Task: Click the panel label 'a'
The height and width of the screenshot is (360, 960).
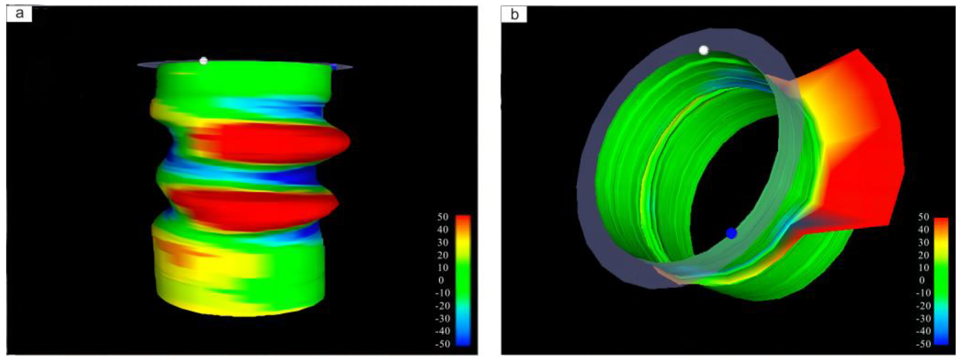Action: pos(19,14)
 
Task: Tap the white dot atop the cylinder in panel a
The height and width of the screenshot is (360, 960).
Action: pos(203,61)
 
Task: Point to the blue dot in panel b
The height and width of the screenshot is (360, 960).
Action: pos(731,233)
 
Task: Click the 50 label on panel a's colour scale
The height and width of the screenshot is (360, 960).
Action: pos(443,217)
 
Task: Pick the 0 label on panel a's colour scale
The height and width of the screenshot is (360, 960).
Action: pos(441,280)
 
